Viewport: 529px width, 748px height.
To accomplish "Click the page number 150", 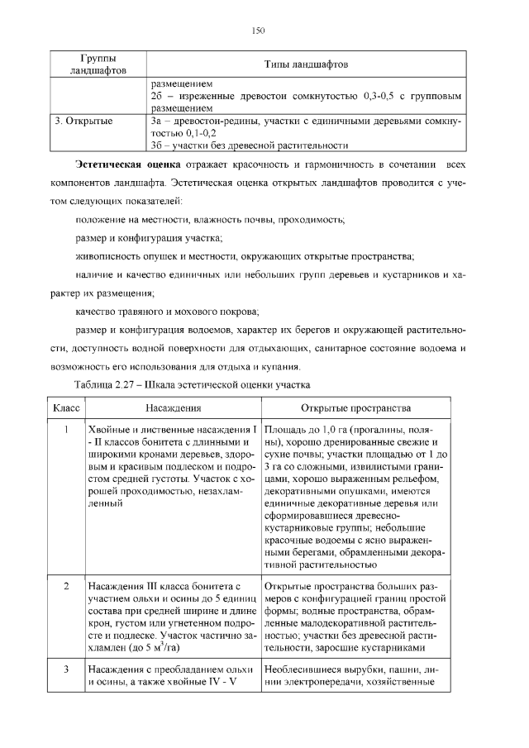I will click(x=258, y=31).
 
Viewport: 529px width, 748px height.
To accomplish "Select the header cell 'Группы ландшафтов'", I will click(x=98, y=64).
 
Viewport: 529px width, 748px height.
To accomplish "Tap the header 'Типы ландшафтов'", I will click(x=305, y=64).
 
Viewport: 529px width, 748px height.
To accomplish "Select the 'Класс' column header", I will click(x=65, y=408).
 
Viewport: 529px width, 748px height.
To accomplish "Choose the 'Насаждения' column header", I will click(x=174, y=408).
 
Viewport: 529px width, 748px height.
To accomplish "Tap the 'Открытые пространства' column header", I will click(x=358, y=408).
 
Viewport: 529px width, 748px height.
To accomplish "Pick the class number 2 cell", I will click(x=65, y=586).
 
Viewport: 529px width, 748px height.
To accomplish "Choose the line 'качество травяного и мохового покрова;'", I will click(x=166, y=312).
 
